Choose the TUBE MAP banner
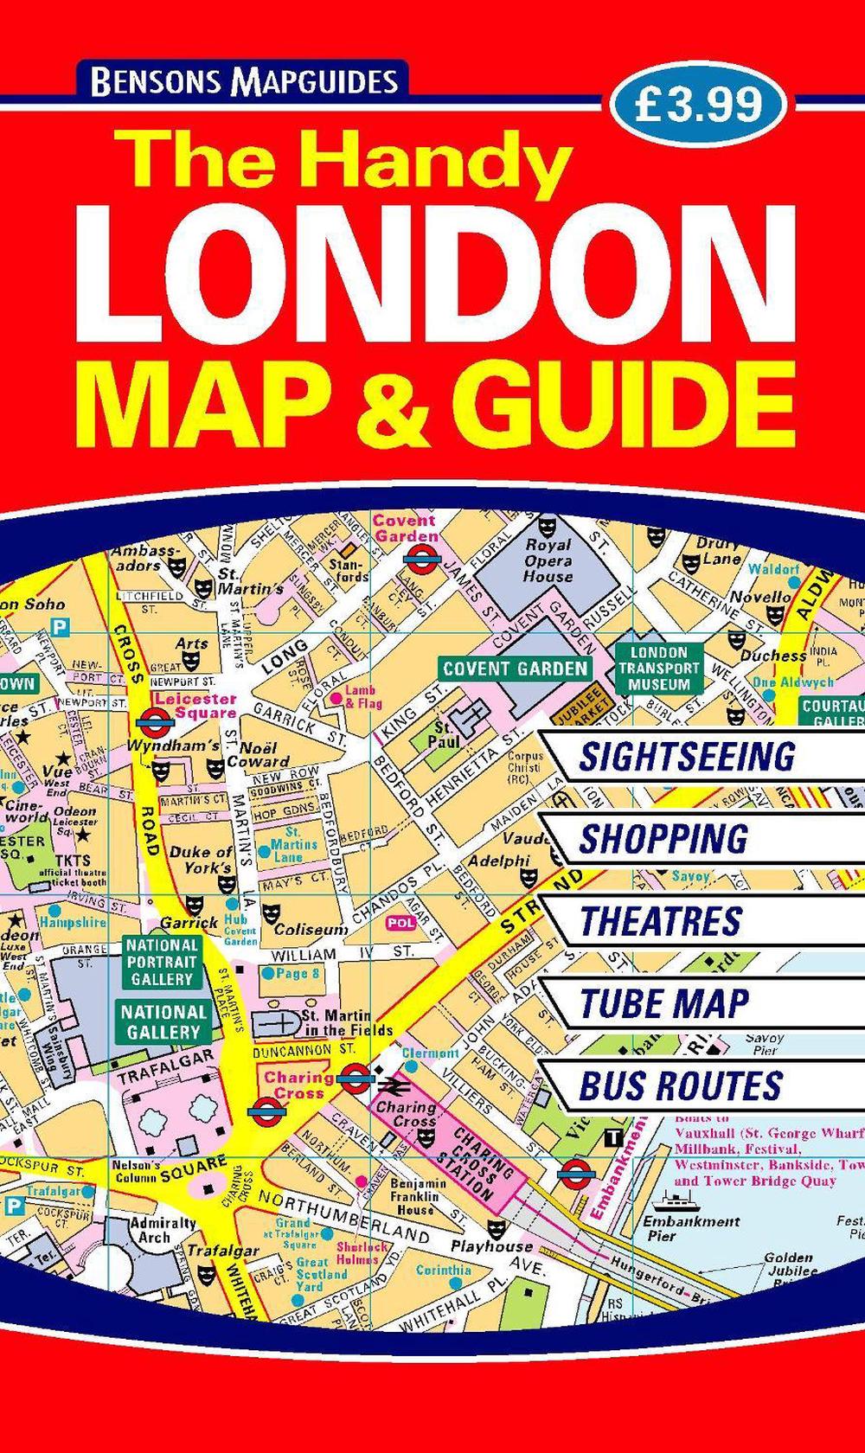point(664,1003)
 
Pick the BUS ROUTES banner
point(681,1086)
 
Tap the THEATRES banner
point(661,921)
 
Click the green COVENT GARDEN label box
point(515,669)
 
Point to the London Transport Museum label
point(659,669)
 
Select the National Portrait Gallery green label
point(162,962)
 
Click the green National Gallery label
point(163,1021)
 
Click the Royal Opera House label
point(548,560)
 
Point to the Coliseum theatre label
point(310,930)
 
